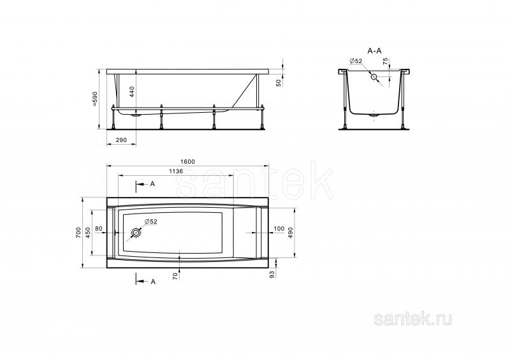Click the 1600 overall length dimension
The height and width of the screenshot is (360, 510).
coord(187,162)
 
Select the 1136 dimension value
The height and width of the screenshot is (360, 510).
coord(176,171)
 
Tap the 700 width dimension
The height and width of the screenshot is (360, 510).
coord(78,233)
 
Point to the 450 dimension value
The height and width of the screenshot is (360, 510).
coord(88,233)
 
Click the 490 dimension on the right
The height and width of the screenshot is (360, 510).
coord(291,233)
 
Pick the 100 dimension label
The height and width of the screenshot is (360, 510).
coord(279,229)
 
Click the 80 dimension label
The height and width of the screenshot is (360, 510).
coord(99,229)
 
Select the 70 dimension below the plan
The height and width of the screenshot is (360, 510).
coord(175,277)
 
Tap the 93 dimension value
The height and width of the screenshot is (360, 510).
coord(272,274)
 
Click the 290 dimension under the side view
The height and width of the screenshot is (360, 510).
coord(121,140)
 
